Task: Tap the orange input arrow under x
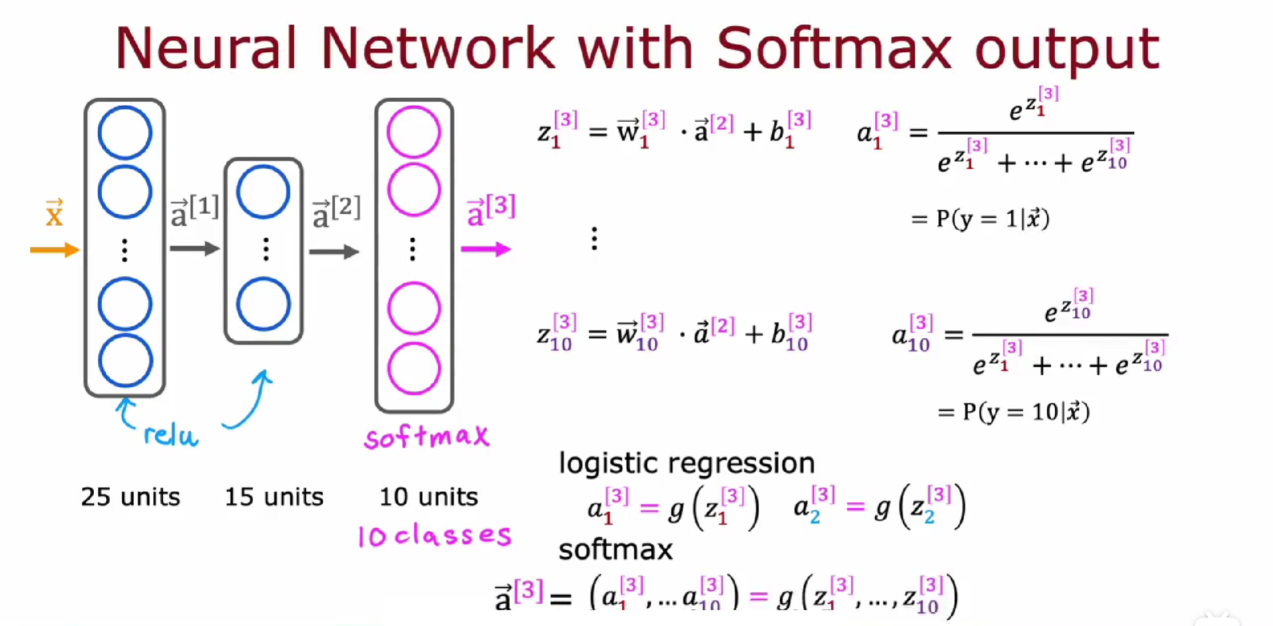55,250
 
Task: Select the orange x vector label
54,214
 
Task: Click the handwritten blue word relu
170,436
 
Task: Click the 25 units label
130,497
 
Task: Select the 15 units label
274,497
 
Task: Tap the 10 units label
429,497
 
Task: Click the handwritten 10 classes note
434,536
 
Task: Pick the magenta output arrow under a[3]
486,249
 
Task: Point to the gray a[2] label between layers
336,213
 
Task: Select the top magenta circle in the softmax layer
414,132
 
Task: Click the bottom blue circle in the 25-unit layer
125,360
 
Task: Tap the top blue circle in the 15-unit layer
264,192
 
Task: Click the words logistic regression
687,463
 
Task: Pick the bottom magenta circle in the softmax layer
414,368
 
